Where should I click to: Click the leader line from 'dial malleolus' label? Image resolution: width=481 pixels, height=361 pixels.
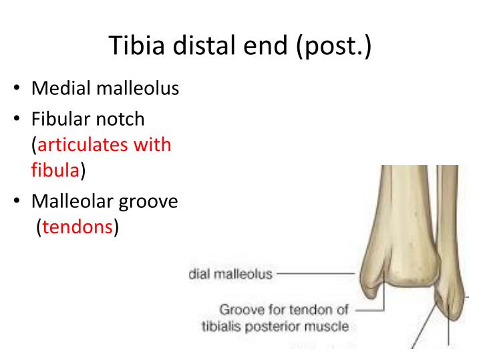pos(314,274)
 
